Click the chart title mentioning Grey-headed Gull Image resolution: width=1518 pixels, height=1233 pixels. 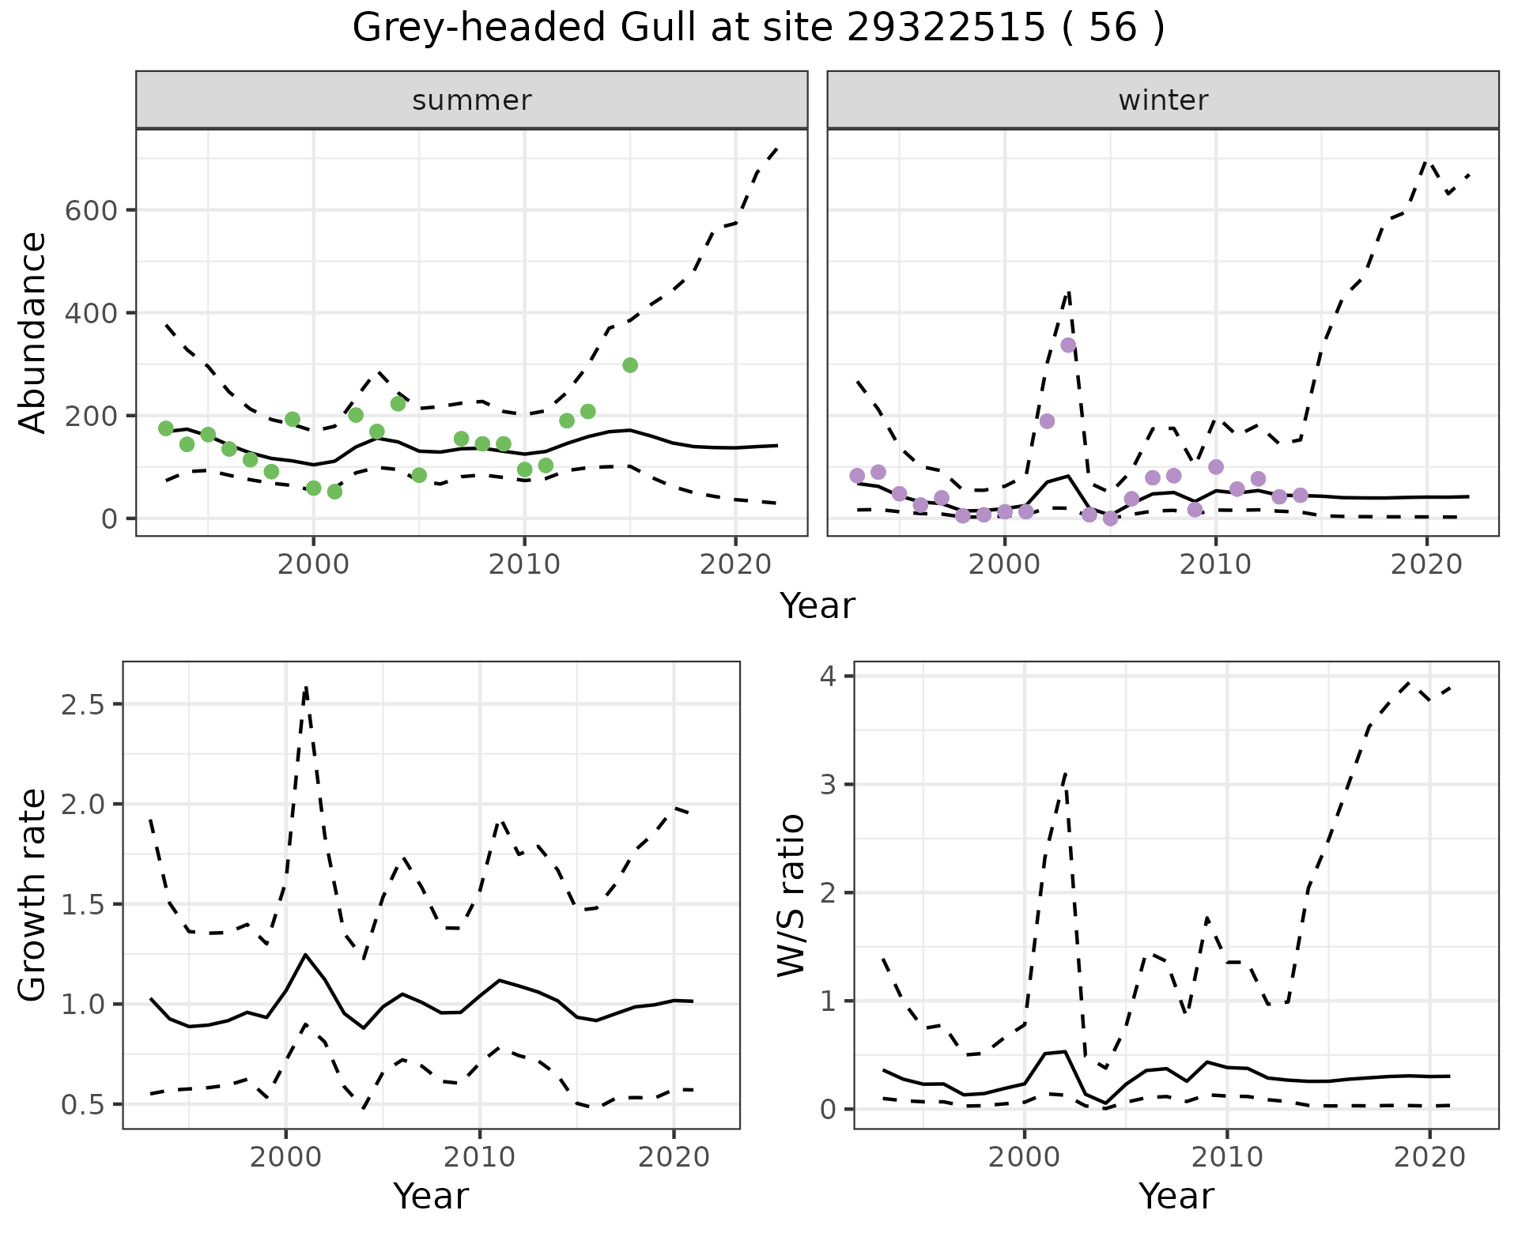click(x=758, y=28)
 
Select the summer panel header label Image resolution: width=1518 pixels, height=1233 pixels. click(x=472, y=100)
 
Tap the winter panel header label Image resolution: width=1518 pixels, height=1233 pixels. click(x=1163, y=100)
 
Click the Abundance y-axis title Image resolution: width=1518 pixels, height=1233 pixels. click(x=33, y=333)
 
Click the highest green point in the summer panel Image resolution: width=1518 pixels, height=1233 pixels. click(x=630, y=365)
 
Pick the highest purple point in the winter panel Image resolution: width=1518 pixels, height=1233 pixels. click(x=1068, y=345)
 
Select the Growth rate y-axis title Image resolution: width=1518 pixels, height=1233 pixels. click(x=33, y=896)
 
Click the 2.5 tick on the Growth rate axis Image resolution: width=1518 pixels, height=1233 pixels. click(x=83, y=705)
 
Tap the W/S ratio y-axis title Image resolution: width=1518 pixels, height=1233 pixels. click(x=791, y=896)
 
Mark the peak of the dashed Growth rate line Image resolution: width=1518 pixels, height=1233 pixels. click(x=306, y=688)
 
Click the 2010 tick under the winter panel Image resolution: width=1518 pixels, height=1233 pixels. click(x=1216, y=564)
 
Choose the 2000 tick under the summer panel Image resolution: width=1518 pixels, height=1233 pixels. click(x=314, y=564)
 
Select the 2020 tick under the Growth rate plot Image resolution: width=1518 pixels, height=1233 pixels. click(x=674, y=1157)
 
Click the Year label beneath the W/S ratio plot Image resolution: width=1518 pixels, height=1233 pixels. click(x=1176, y=1197)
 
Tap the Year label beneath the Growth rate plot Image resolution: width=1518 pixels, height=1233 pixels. click(x=431, y=1197)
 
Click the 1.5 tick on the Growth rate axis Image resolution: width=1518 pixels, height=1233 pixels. click(x=83, y=905)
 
